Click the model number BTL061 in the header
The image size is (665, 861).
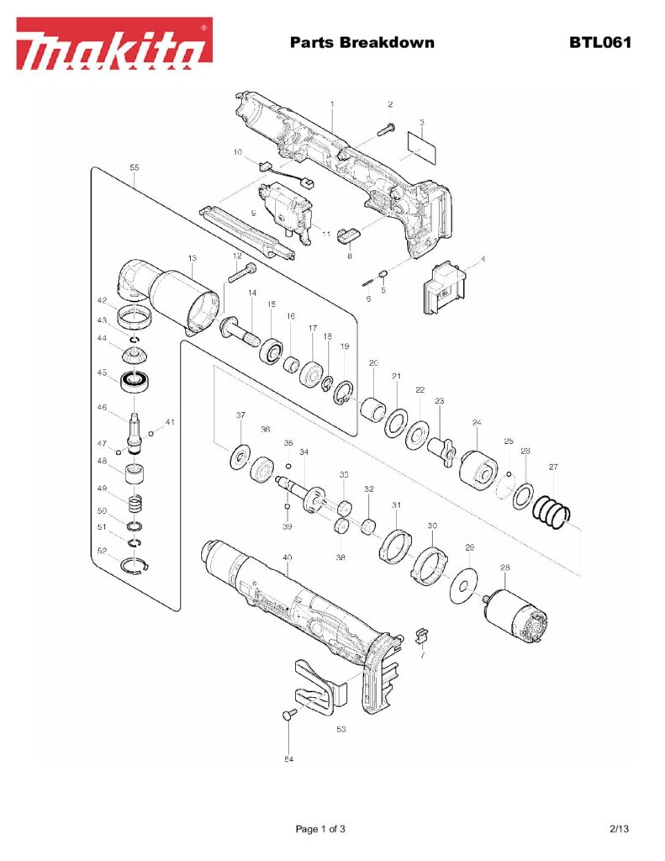tap(599, 42)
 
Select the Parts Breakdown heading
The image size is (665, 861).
tap(362, 42)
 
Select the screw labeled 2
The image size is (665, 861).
tap(389, 128)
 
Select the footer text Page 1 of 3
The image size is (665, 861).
tap(320, 829)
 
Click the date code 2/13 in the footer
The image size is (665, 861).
tap(620, 829)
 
